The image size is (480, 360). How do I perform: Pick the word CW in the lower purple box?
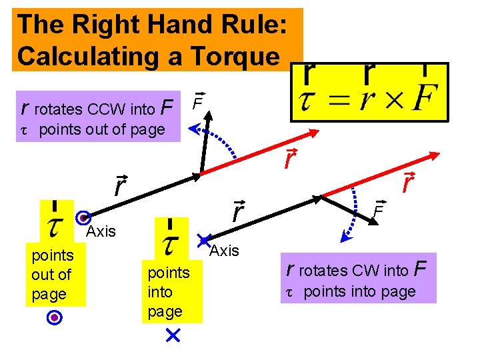[372, 271]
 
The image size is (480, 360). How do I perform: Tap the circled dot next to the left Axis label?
[83, 218]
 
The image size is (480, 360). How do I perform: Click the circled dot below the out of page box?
[56, 319]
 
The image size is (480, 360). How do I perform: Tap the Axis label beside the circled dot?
[101, 232]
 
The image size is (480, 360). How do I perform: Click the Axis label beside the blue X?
[224, 251]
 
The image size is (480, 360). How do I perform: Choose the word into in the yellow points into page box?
[160, 292]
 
